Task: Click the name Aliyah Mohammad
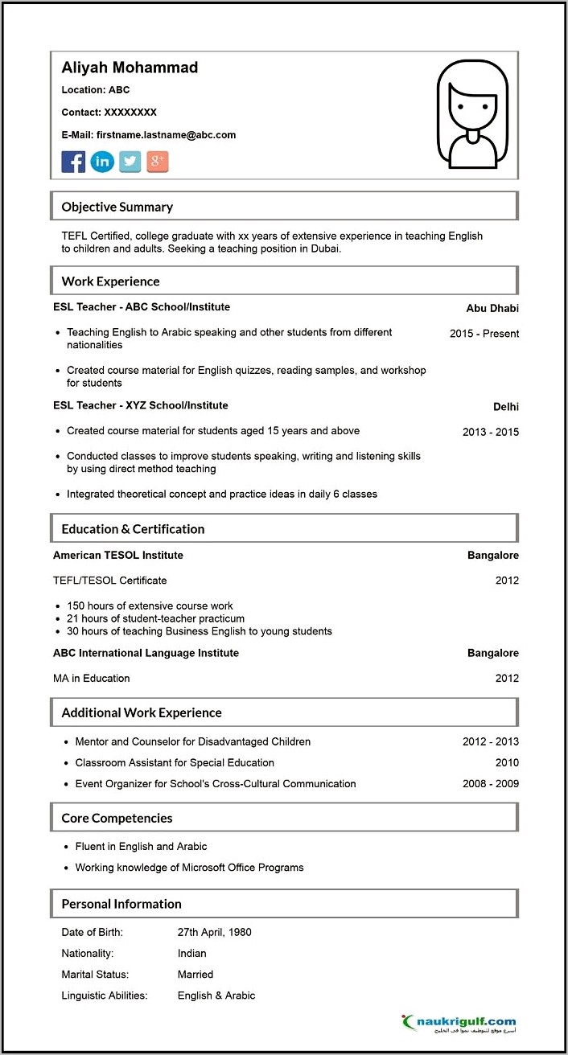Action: [x=130, y=68]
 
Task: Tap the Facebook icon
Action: [x=73, y=162]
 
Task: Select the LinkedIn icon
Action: [x=102, y=162]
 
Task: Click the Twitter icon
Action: [x=130, y=162]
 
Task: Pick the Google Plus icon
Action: [x=158, y=162]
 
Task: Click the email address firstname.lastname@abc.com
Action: [x=166, y=135]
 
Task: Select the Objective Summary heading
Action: [x=117, y=207]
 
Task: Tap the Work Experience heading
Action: [x=111, y=281]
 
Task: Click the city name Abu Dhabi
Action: [x=492, y=308]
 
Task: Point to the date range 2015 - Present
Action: [x=484, y=334]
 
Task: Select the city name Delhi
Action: [x=506, y=407]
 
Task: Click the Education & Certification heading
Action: [x=133, y=529]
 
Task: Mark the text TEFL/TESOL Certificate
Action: [x=110, y=581]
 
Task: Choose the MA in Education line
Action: [x=92, y=679]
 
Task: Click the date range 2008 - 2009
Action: [x=491, y=784]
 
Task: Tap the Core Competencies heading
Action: [x=117, y=818]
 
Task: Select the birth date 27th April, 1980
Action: [x=215, y=933]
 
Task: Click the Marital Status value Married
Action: [x=196, y=975]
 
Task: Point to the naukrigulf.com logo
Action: [x=460, y=1023]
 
